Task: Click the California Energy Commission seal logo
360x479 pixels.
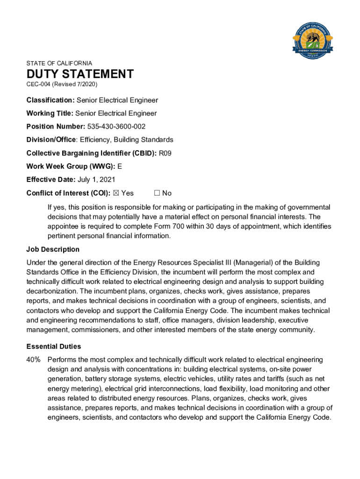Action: (312, 40)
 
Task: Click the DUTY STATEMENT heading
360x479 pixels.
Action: (80, 74)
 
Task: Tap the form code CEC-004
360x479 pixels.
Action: (38, 84)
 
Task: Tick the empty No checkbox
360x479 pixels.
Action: (157, 193)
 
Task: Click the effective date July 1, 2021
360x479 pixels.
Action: (96, 180)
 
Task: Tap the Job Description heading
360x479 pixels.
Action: (53, 249)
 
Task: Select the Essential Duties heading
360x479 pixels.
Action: (54, 347)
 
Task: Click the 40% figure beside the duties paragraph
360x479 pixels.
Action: (34, 360)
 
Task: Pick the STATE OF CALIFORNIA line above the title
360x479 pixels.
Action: (59, 63)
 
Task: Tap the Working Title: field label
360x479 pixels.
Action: (50, 113)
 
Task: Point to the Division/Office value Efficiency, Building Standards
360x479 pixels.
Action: (126, 140)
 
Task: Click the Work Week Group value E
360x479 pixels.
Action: (120, 167)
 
